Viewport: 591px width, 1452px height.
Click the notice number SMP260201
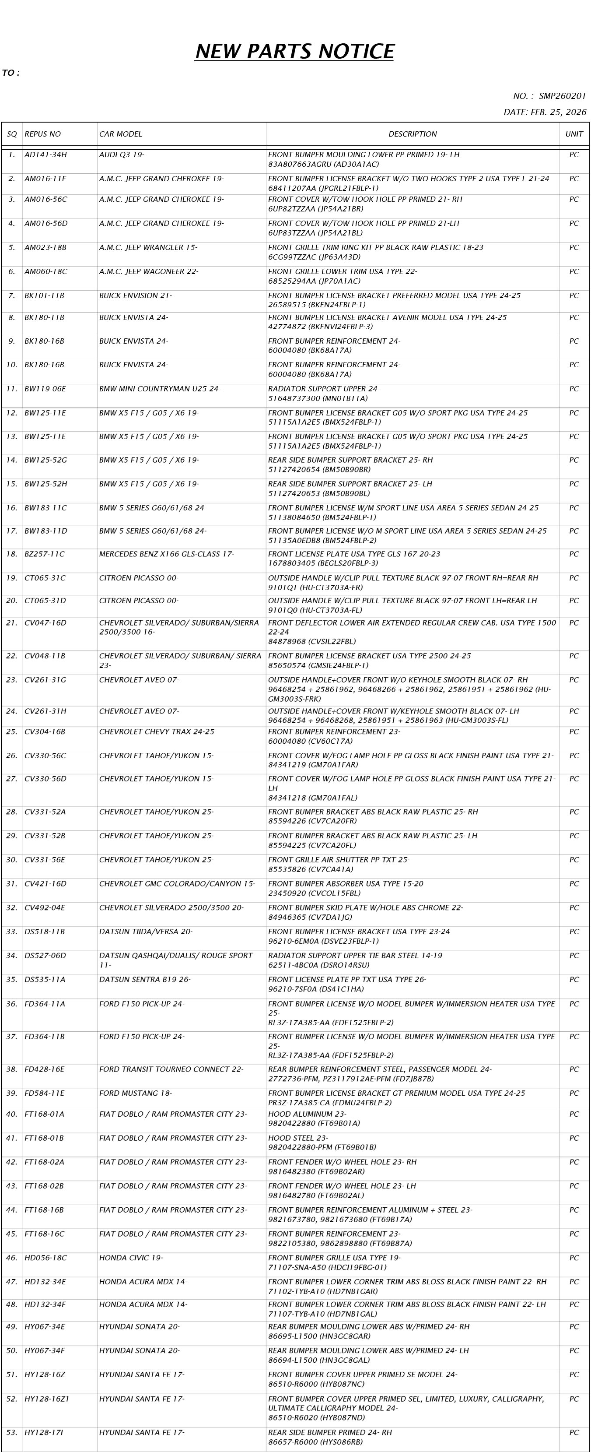(562, 96)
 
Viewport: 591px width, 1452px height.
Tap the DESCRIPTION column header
(413, 134)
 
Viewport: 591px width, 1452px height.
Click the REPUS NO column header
(43, 134)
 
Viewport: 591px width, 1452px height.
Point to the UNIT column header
(574, 134)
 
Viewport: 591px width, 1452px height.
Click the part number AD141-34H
(45, 155)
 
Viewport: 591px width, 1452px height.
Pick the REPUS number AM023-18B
(45, 247)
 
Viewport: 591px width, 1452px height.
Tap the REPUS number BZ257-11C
(45, 554)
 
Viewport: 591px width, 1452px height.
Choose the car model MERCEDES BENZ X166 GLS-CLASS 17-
(166, 554)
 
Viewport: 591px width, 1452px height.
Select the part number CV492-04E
(45, 907)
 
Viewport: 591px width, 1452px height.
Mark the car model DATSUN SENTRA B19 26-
(145, 980)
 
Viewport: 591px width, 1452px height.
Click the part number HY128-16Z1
(47, 1399)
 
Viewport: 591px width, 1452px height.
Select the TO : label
(10, 73)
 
